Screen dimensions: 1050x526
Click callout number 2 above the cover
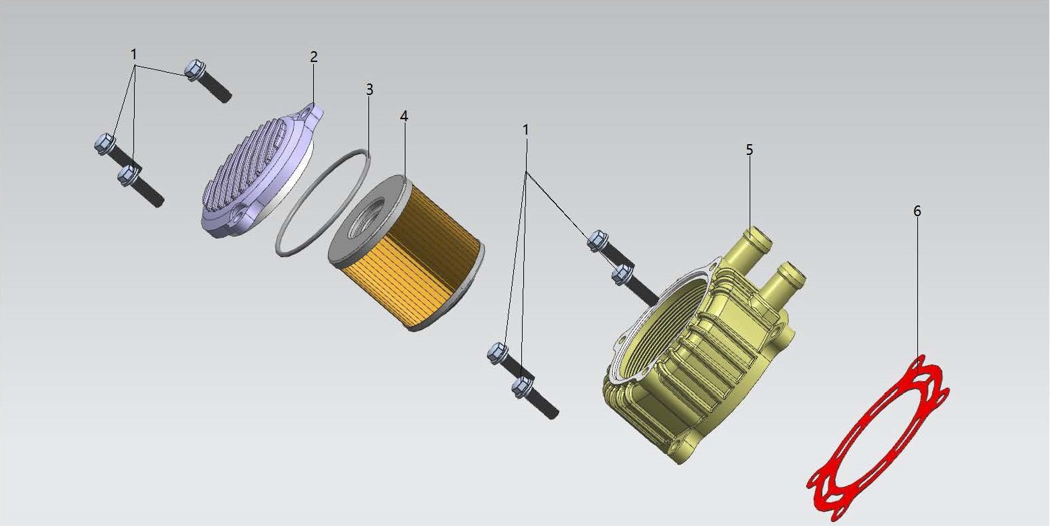click(314, 57)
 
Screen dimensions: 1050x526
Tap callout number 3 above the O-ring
click(369, 90)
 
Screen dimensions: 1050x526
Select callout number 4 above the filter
click(404, 117)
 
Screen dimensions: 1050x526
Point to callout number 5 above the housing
click(749, 150)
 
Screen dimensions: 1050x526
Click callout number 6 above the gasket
click(917, 211)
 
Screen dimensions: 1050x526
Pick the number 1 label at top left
click(134, 55)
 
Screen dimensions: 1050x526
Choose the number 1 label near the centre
click(526, 130)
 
